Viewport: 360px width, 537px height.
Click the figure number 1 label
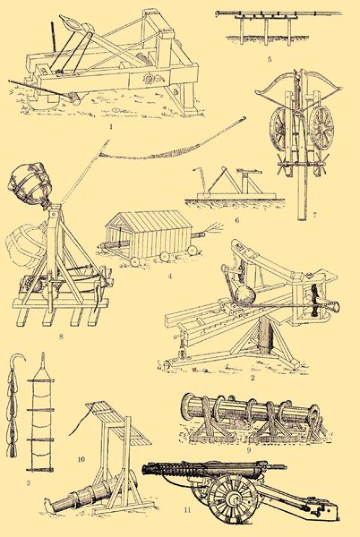point(111,126)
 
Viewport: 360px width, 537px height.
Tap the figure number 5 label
point(270,60)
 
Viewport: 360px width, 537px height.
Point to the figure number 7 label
point(314,215)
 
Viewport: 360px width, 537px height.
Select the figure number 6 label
point(236,220)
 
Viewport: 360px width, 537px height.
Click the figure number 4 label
point(169,276)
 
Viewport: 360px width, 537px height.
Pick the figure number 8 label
point(61,337)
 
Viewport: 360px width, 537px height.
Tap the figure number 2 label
point(253,378)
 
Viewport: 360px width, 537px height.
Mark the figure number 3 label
point(29,483)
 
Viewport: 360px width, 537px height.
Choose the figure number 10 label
point(81,459)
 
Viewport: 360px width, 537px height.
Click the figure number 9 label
point(249,449)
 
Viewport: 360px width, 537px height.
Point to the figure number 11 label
point(187,510)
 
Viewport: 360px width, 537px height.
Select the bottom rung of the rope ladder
point(40,470)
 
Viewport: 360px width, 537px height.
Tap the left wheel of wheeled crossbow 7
point(280,129)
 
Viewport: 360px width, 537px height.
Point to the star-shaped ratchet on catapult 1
point(149,79)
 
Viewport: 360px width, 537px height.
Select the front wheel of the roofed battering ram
point(135,261)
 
